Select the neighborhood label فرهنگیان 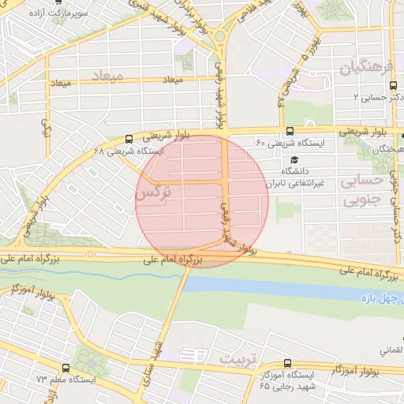(x=366, y=69)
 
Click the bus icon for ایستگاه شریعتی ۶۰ (x=290, y=131)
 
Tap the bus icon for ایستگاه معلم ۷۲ (x=65, y=368)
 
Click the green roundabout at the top (x=219, y=36)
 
